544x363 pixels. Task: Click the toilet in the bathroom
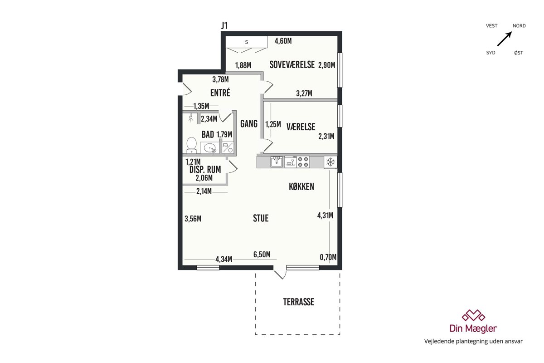tap(191, 145)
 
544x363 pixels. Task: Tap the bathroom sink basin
tap(210, 147)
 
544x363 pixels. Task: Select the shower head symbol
tap(191, 118)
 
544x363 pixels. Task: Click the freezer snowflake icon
tap(330, 162)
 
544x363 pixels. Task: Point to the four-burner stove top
tap(303, 162)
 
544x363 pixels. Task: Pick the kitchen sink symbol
tap(277, 162)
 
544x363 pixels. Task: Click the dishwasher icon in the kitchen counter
tap(290, 162)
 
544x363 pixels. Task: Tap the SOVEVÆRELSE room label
tap(292, 65)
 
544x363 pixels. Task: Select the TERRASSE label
tap(298, 302)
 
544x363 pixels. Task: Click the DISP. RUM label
tap(205, 169)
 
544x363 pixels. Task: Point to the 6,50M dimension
tap(262, 254)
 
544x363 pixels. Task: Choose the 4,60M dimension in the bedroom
tap(283, 41)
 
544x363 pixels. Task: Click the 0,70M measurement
tap(328, 257)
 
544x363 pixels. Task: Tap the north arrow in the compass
tap(505, 39)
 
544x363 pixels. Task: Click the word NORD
tap(519, 26)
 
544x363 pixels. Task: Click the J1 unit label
tap(224, 25)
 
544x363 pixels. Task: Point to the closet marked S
tap(247, 42)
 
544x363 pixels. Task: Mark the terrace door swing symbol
tap(280, 274)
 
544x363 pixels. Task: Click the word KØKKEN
tap(301, 186)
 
